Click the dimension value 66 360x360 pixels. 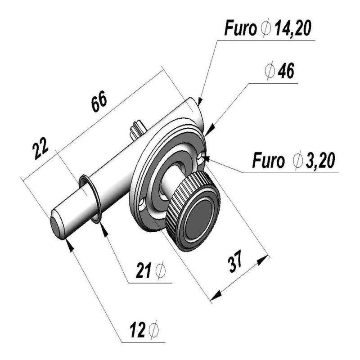(x=99, y=102)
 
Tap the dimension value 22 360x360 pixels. (x=40, y=148)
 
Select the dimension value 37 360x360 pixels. (x=235, y=261)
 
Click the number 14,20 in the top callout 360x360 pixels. (x=293, y=28)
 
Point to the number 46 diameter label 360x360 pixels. (x=286, y=71)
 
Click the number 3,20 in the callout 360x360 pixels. (x=320, y=160)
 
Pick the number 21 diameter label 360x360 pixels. (x=143, y=270)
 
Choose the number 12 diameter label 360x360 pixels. (x=138, y=330)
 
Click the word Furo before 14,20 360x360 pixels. (x=240, y=28)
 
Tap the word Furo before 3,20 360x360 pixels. (x=268, y=160)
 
